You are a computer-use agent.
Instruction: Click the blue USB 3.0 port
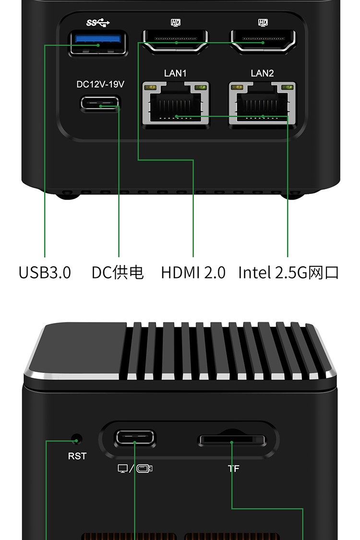[x=98, y=43]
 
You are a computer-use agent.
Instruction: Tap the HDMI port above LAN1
[x=176, y=41]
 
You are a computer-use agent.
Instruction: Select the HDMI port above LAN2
[x=263, y=41]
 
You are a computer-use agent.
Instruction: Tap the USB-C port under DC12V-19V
[x=100, y=103]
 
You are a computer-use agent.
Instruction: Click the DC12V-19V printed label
[x=100, y=84]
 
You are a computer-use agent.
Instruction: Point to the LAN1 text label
[x=175, y=73]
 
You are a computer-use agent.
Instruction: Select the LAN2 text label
[x=262, y=73]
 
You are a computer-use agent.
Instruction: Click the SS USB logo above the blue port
[x=98, y=23]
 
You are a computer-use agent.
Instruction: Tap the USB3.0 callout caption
[x=45, y=273]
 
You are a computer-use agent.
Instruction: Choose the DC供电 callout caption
[x=118, y=273]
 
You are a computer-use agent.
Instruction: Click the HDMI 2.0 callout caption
[x=193, y=273]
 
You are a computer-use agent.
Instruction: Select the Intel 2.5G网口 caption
[x=288, y=273]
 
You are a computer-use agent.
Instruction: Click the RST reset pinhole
[x=76, y=440]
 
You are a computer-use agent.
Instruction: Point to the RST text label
[x=77, y=456]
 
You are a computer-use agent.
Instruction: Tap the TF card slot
[x=232, y=441]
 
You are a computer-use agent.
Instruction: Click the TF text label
[x=233, y=468]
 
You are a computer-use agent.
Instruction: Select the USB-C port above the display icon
[x=135, y=438]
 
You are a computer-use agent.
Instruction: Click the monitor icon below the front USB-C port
[x=122, y=468]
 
